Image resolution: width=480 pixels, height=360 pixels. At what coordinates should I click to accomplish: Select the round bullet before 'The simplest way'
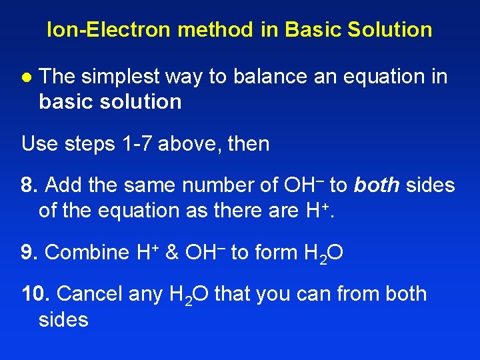(25, 77)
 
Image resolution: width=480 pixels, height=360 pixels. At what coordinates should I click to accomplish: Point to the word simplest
(119, 77)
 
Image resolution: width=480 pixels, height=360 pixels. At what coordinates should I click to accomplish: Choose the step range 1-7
(136, 143)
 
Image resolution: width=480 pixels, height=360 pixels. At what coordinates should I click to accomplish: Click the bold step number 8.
(28, 185)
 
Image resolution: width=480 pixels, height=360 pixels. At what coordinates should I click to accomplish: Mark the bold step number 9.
(28, 252)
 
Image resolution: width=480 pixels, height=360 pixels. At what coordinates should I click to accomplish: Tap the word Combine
(87, 252)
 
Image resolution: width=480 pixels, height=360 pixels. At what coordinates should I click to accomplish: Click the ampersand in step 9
(172, 252)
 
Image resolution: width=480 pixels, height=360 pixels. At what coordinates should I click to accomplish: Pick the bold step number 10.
(34, 294)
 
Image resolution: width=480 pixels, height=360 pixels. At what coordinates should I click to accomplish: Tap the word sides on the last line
(64, 319)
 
